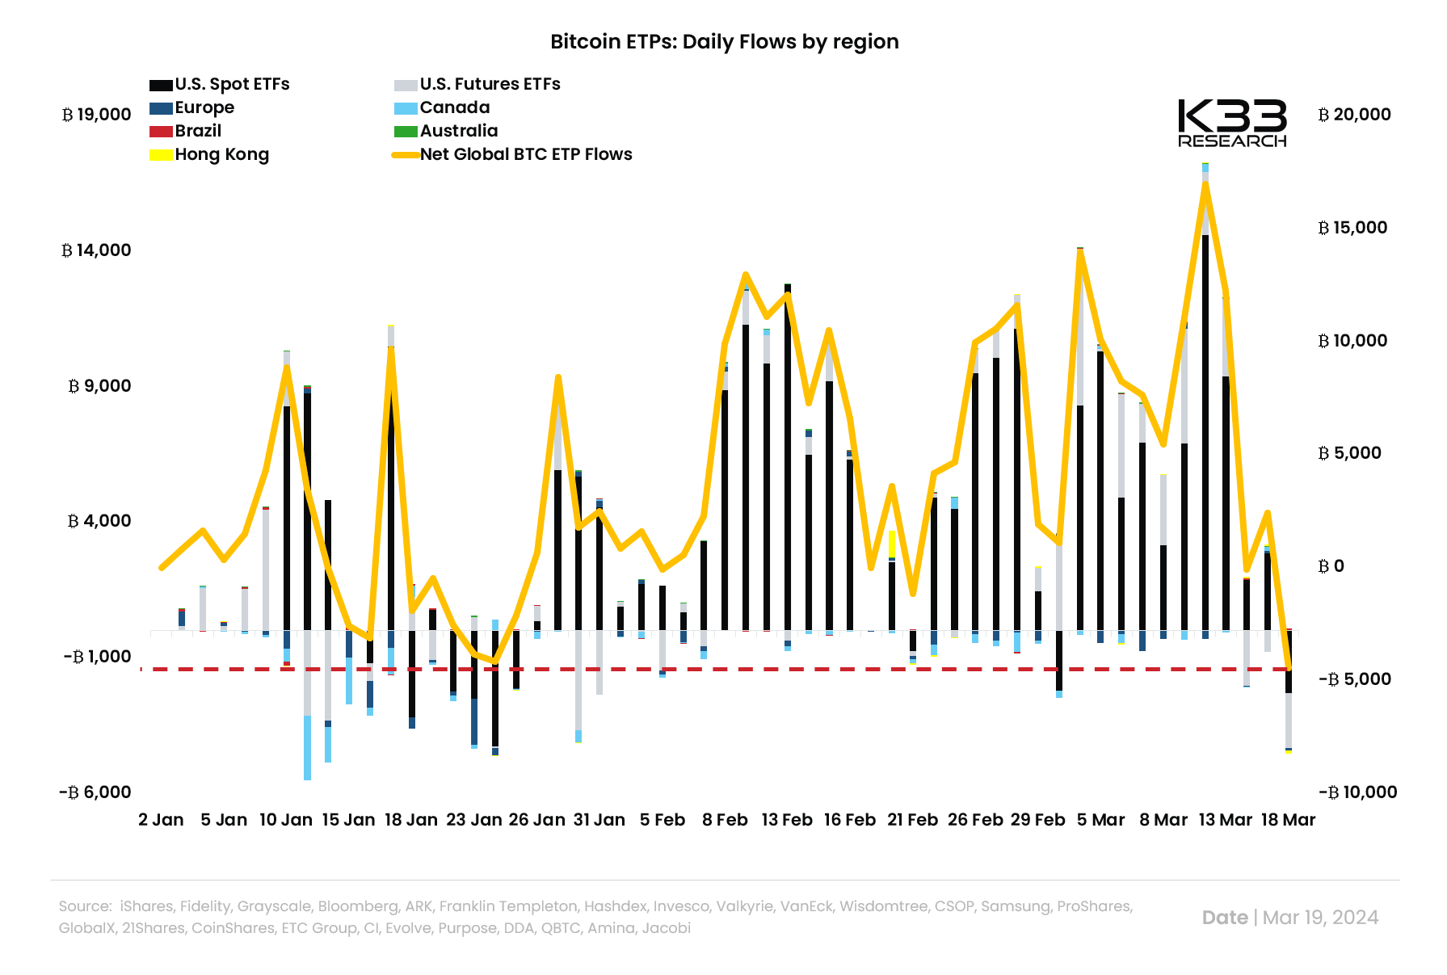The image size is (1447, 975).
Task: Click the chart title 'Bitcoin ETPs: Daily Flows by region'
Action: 724,42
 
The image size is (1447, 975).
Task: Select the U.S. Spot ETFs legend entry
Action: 219,85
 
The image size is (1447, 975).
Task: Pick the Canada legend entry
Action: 442,108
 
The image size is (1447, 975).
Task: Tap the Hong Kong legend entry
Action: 209,155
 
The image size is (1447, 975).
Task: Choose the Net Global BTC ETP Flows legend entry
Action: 512,155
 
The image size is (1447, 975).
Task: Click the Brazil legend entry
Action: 185,132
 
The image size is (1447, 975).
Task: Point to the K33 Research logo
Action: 1232,124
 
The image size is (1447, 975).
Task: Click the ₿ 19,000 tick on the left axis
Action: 97,115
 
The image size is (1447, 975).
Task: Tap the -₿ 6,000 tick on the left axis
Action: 95,792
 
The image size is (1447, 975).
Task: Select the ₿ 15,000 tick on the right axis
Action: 1352,228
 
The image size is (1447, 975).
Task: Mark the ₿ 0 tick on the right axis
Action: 1331,566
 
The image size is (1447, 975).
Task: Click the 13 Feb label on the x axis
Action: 787,820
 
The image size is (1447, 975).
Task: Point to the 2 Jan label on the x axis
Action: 161,820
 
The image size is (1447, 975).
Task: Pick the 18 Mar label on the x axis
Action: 1288,820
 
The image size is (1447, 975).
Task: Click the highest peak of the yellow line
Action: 1205,183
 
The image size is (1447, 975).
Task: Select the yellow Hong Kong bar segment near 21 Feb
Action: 891,544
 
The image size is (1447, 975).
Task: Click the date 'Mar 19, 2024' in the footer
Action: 1320,918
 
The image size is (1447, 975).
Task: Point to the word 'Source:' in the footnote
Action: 85,906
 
